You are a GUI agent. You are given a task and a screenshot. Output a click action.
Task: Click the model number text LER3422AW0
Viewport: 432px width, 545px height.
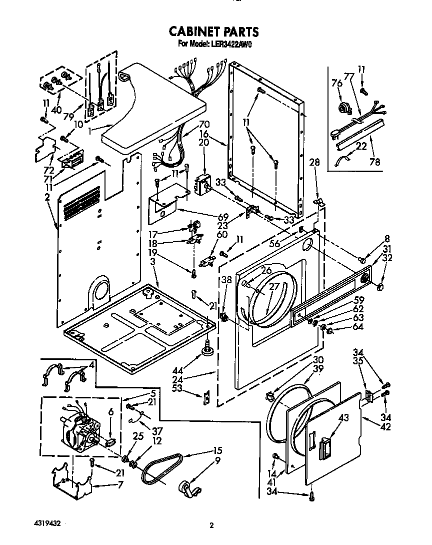point(229,44)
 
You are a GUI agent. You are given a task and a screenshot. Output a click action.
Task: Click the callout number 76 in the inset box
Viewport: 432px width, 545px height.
point(337,84)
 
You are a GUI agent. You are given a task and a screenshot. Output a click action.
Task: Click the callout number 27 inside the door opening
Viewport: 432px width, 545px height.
point(274,286)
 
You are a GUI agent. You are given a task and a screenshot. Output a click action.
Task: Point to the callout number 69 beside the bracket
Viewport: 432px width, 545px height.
point(223,217)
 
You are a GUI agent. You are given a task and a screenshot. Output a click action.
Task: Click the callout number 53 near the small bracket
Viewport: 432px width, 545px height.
point(190,388)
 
